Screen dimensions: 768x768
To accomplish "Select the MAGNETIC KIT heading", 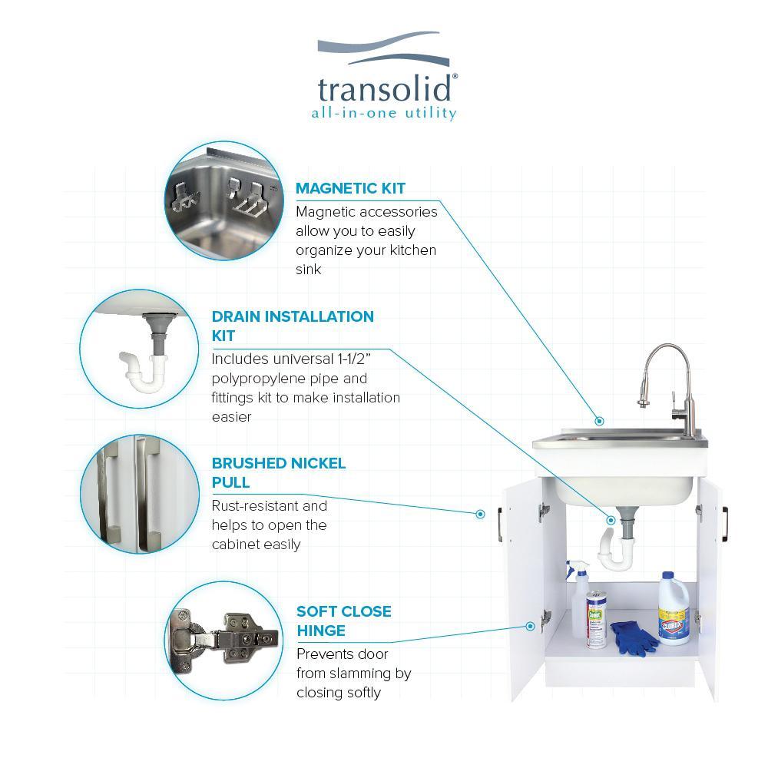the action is [x=350, y=188].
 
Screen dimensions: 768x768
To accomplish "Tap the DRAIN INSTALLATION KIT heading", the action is [x=293, y=326].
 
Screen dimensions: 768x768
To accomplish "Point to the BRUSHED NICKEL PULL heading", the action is [x=278, y=472].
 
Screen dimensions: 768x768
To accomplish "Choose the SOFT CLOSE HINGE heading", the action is [x=344, y=621].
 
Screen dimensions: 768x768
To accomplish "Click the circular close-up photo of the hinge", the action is [x=224, y=641].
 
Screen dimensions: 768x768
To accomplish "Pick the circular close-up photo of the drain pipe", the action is [x=139, y=349].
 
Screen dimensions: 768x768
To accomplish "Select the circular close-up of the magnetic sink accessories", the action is [x=224, y=200].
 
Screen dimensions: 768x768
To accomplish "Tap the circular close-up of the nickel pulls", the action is [x=140, y=494].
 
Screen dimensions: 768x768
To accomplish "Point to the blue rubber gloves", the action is [x=634, y=637].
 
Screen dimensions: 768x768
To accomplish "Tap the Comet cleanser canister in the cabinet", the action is [x=596, y=620].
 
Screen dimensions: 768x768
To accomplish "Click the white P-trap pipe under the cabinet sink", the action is [x=616, y=551].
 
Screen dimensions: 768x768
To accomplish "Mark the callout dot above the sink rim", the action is [x=599, y=421].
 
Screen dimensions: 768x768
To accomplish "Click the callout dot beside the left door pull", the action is [x=481, y=514].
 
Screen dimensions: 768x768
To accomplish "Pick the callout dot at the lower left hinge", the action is [x=530, y=626].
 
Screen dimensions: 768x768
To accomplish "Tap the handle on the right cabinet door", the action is [x=725, y=524].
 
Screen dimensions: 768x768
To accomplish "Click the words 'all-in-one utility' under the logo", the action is [x=384, y=113].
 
